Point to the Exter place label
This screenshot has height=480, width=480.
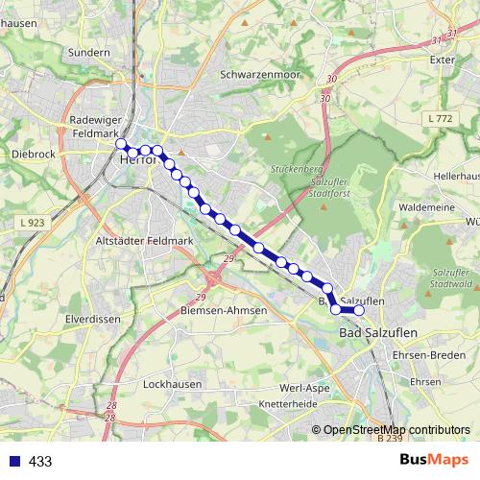[442, 60]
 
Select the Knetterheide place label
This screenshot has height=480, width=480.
[287, 404]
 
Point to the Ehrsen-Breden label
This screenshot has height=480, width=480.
[428, 354]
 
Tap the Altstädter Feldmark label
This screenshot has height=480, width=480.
[145, 240]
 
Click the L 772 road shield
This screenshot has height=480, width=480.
[440, 118]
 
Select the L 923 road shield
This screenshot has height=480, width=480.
[34, 222]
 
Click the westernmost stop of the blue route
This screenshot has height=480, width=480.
[121, 144]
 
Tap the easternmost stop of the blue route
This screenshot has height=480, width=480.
[360, 310]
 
